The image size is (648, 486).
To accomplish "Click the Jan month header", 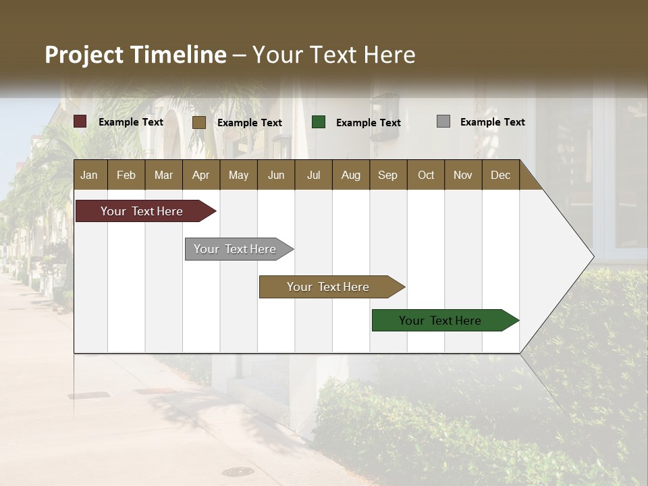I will [90, 175].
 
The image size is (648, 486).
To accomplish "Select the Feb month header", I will [126, 175].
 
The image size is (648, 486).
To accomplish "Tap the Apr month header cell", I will [200, 175].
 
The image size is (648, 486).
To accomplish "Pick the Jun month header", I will [276, 175].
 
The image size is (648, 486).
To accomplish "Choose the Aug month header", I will [350, 175].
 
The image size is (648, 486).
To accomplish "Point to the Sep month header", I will [387, 175].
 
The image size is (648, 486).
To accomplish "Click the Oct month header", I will [426, 175].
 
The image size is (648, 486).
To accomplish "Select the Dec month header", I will [500, 175].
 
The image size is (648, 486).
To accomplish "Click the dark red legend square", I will [80, 122].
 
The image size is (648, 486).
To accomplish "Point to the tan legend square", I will [199, 122].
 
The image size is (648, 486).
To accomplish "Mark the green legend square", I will [319, 122].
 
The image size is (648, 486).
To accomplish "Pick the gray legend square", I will [443, 122].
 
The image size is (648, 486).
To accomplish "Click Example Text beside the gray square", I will [492, 122].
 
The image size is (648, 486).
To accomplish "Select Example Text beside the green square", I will [368, 123].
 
